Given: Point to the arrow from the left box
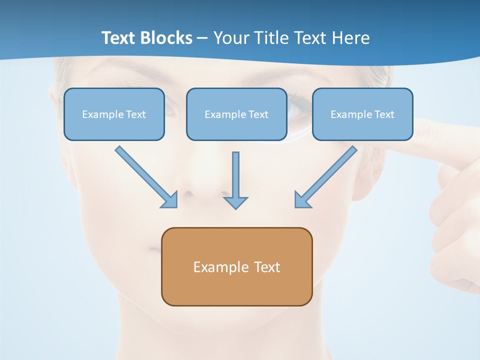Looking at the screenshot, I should tap(145, 176).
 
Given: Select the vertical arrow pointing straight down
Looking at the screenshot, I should tap(235, 177).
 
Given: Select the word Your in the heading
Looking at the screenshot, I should tap(230, 38).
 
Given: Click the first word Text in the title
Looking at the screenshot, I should tap(119, 38).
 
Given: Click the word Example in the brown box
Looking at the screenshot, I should tap(221, 267).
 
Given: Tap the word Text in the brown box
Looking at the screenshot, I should tap(267, 267).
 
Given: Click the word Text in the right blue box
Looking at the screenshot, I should tap(384, 114).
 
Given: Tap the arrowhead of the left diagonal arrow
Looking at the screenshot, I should tap(170, 200).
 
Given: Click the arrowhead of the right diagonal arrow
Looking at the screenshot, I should tap(302, 200).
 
